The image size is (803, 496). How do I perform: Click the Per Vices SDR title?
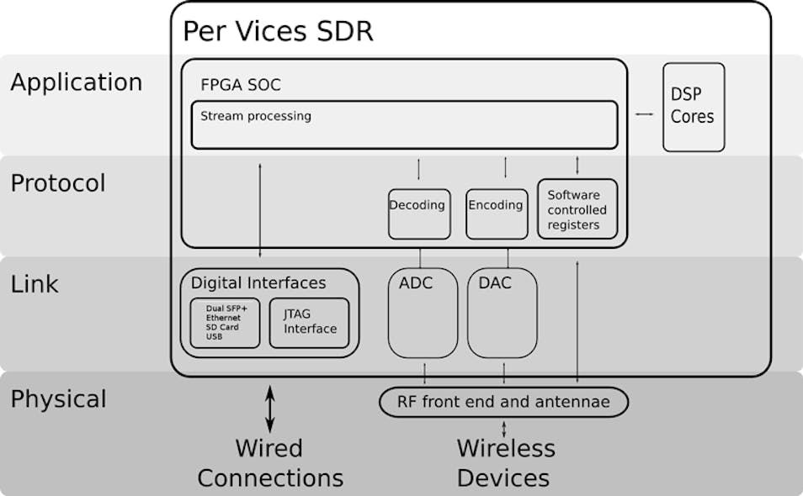click(x=278, y=31)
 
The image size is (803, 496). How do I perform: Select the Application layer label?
click(x=77, y=82)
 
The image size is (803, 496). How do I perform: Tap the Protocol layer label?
click(x=58, y=183)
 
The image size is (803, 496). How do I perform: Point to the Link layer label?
click(x=35, y=284)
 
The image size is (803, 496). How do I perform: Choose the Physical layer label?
click(x=58, y=398)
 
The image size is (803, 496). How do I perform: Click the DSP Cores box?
click(x=693, y=107)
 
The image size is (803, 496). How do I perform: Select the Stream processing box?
click(x=404, y=124)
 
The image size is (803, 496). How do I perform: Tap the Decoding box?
click(x=417, y=214)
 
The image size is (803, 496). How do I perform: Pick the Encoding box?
click(x=496, y=214)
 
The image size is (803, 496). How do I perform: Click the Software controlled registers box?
click(x=577, y=209)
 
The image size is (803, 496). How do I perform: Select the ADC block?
click(x=423, y=313)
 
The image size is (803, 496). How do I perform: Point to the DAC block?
click(x=502, y=313)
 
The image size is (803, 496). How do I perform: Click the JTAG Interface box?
click(x=309, y=322)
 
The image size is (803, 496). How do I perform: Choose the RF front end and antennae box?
click(x=504, y=402)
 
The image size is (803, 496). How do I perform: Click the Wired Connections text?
click(x=270, y=463)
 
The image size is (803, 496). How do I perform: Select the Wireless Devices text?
click(x=505, y=463)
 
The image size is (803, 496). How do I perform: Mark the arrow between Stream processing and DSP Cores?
click(x=644, y=113)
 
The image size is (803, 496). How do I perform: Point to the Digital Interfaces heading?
click(x=258, y=282)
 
